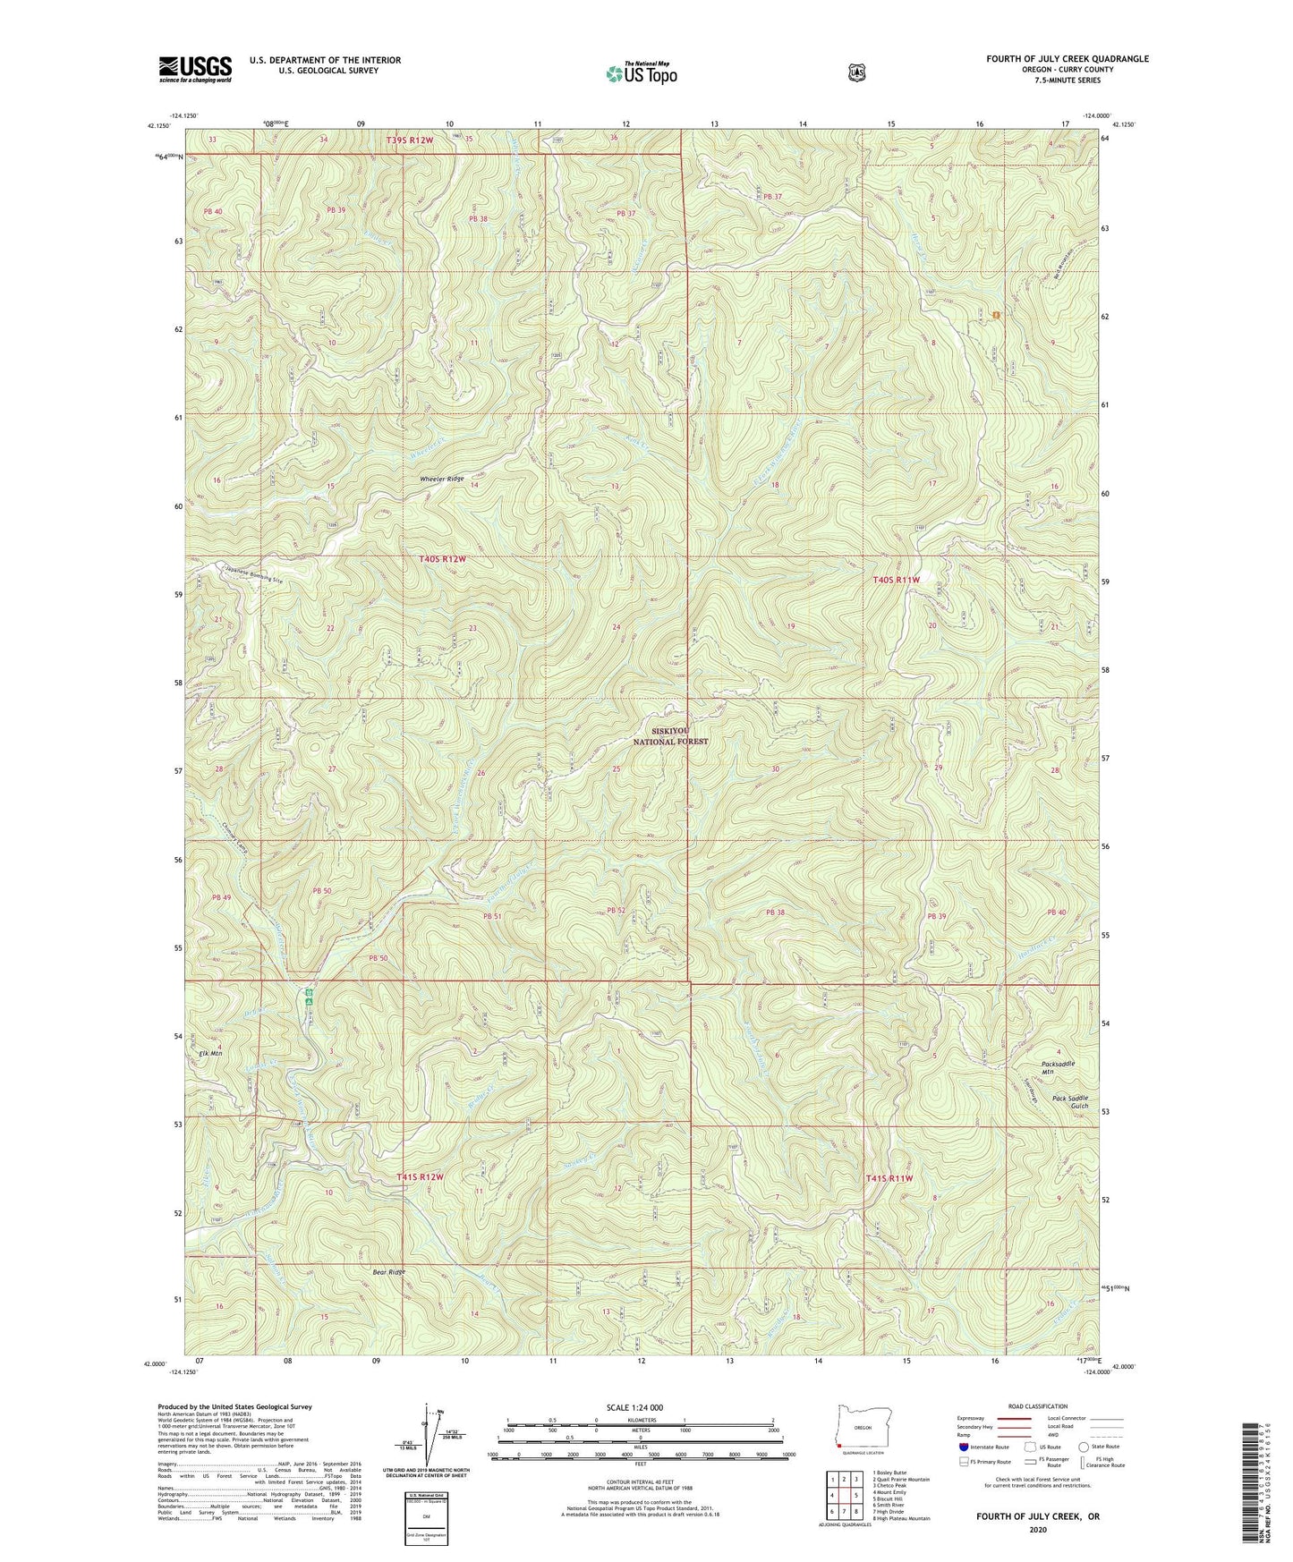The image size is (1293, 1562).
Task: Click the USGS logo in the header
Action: [195, 68]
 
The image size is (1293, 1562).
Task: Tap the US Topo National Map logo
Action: [640, 72]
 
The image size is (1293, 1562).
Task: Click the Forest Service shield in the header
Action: [856, 72]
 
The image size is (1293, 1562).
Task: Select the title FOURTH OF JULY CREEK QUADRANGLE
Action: [1067, 59]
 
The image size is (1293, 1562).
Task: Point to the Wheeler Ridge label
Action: [442, 480]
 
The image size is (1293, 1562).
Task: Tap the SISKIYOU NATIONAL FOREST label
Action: [670, 736]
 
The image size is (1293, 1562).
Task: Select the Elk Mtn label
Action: [210, 1054]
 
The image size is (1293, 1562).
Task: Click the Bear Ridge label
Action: [389, 1272]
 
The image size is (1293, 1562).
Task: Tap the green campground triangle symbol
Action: [308, 1002]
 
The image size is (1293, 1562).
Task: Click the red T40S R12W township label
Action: [443, 559]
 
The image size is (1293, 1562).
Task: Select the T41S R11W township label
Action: [889, 1178]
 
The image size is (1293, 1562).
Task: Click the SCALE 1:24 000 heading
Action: [634, 1407]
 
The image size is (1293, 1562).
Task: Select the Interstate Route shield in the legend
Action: [963, 1446]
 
